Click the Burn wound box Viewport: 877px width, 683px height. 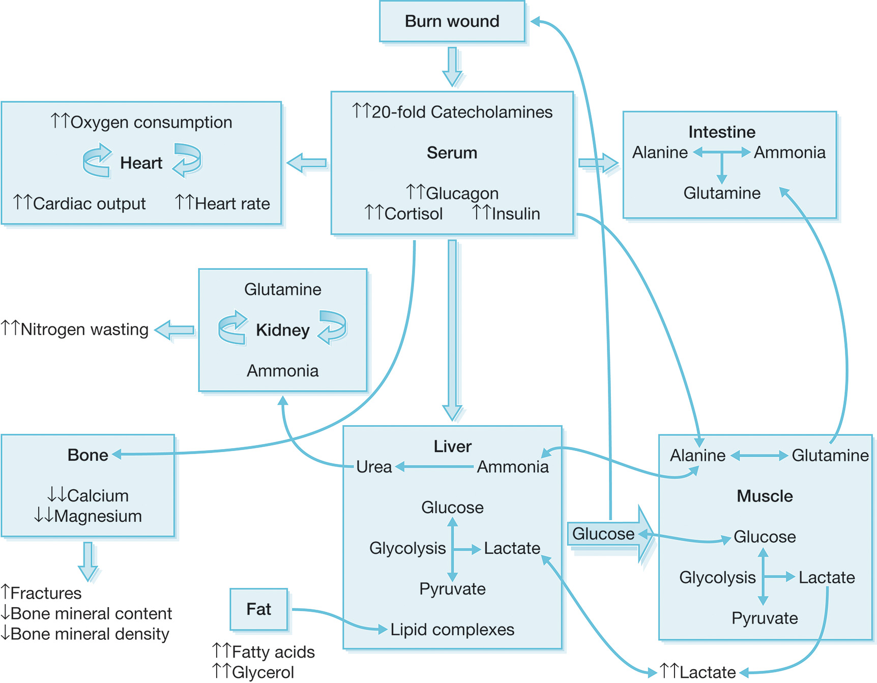[452, 21]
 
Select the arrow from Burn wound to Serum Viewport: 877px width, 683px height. [452, 66]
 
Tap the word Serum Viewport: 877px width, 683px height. [452, 153]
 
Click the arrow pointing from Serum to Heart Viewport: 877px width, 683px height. [307, 163]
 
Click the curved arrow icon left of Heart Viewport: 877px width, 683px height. [97, 161]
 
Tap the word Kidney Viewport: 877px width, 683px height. [283, 330]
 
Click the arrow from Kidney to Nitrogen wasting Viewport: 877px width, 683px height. [174, 330]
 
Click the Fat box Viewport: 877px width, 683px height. [259, 609]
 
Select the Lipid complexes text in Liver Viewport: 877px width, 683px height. [452, 630]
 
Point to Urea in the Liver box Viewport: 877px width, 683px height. [374, 467]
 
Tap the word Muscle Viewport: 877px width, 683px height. [765, 496]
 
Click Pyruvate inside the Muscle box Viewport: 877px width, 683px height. [765, 618]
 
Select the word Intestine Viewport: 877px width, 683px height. [721, 132]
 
